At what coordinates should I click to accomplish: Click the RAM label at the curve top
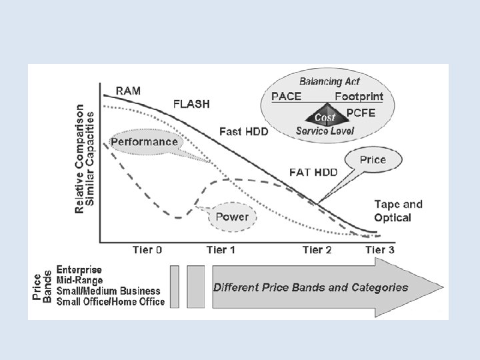coord(129,91)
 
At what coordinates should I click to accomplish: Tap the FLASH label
coord(191,104)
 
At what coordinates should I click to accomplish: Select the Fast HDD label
coord(244,132)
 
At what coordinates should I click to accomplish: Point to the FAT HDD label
coord(313,172)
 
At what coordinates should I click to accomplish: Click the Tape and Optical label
coord(398,211)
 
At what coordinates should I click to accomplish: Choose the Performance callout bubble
coord(144,142)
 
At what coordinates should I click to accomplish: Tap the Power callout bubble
coord(232,217)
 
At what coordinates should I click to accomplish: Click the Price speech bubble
coord(373,161)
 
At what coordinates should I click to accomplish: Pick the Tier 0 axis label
coord(147,250)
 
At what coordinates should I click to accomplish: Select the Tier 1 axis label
coord(221,250)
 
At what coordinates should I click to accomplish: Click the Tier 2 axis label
coord(317,250)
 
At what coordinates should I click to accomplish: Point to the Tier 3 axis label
coord(379,250)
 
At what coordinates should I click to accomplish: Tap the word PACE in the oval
coord(286,97)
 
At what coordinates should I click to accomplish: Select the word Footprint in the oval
coord(359,97)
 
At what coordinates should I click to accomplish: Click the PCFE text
coord(361,113)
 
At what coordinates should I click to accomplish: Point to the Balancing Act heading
coord(329,82)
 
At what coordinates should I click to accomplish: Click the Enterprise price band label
coord(79,270)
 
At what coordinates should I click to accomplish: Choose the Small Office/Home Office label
coord(110,301)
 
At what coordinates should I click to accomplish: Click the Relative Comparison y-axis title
coord(81,159)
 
